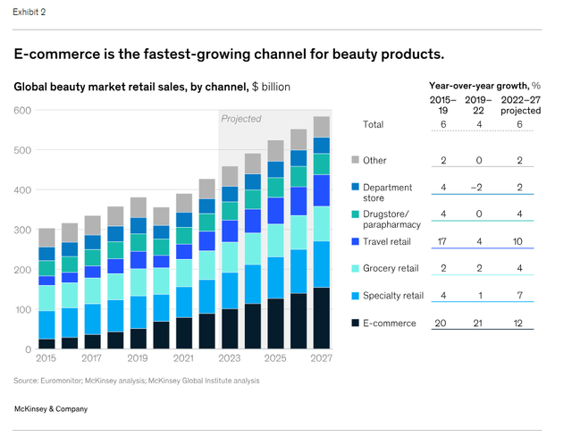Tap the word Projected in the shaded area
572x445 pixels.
241,118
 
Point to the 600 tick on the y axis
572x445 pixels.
22,110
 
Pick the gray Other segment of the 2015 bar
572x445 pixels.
46,237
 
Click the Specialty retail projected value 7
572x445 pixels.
521,296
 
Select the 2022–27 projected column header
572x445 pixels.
520,105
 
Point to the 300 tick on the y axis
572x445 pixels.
22,230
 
